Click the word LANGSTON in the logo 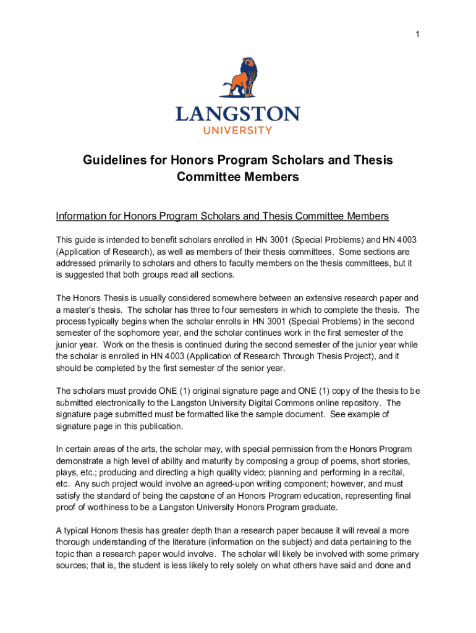coord(238,114)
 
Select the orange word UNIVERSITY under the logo coord(238,130)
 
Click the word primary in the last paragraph coord(396,554)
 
